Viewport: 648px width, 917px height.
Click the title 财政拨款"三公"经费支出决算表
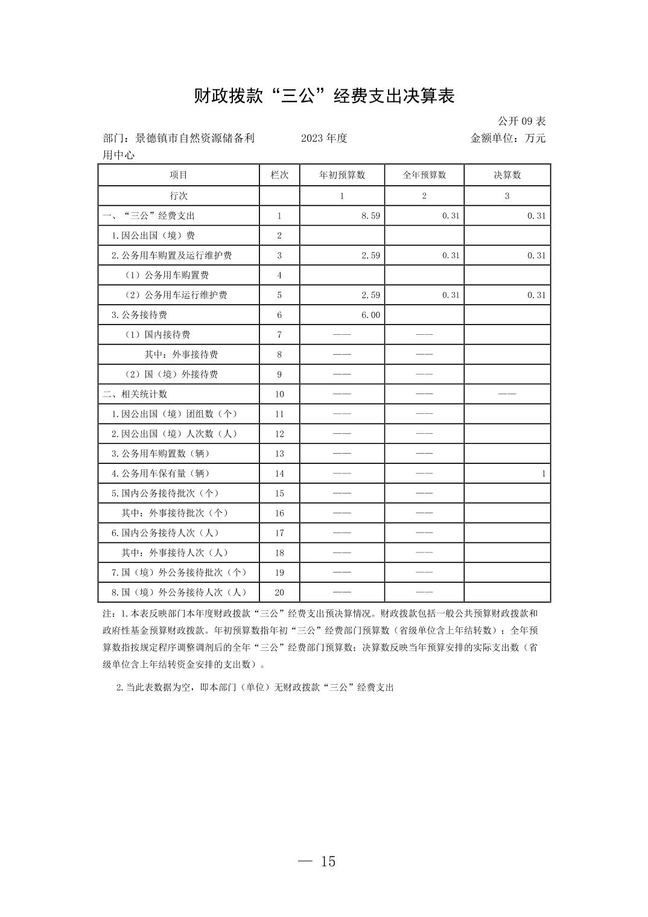pyautogui.click(x=323, y=96)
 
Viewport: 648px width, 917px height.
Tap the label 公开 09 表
pyautogui.click(x=521, y=121)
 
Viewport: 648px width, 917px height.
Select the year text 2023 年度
pyautogui.click(x=324, y=138)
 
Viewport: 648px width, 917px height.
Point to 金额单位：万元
pyautogui.click(x=507, y=138)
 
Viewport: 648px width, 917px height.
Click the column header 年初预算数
pyautogui.click(x=342, y=175)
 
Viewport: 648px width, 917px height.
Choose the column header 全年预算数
pyautogui.click(x=424, y=175)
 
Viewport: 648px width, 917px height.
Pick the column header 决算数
pyautogui.click(x=507, y=175)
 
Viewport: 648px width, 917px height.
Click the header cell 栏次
pyautogui.click(x=279, y=175)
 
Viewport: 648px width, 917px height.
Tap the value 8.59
pyautogui.click(x=370, y=216)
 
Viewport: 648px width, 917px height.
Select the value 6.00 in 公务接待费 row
pyautogui.click(x=370, y=315)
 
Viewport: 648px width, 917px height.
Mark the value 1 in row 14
pyautogui.click(x=543, y=474)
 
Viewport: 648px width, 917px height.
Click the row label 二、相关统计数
pyautogui.click(x=135, y=395)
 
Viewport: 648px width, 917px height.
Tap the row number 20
pyautogui.click(x=279, y=592)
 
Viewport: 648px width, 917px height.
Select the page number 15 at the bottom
pyautogui.click(x=328, y=861)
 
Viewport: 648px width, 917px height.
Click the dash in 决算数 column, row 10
pyautogui.click(x=507, y=395)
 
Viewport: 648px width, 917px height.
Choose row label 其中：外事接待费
pyautogui.click(x=181, y=355)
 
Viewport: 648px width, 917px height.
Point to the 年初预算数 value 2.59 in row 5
pyautogui.click(x=370, y=295)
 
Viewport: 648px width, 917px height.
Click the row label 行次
pyautogui.click(x=179, y=196)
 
